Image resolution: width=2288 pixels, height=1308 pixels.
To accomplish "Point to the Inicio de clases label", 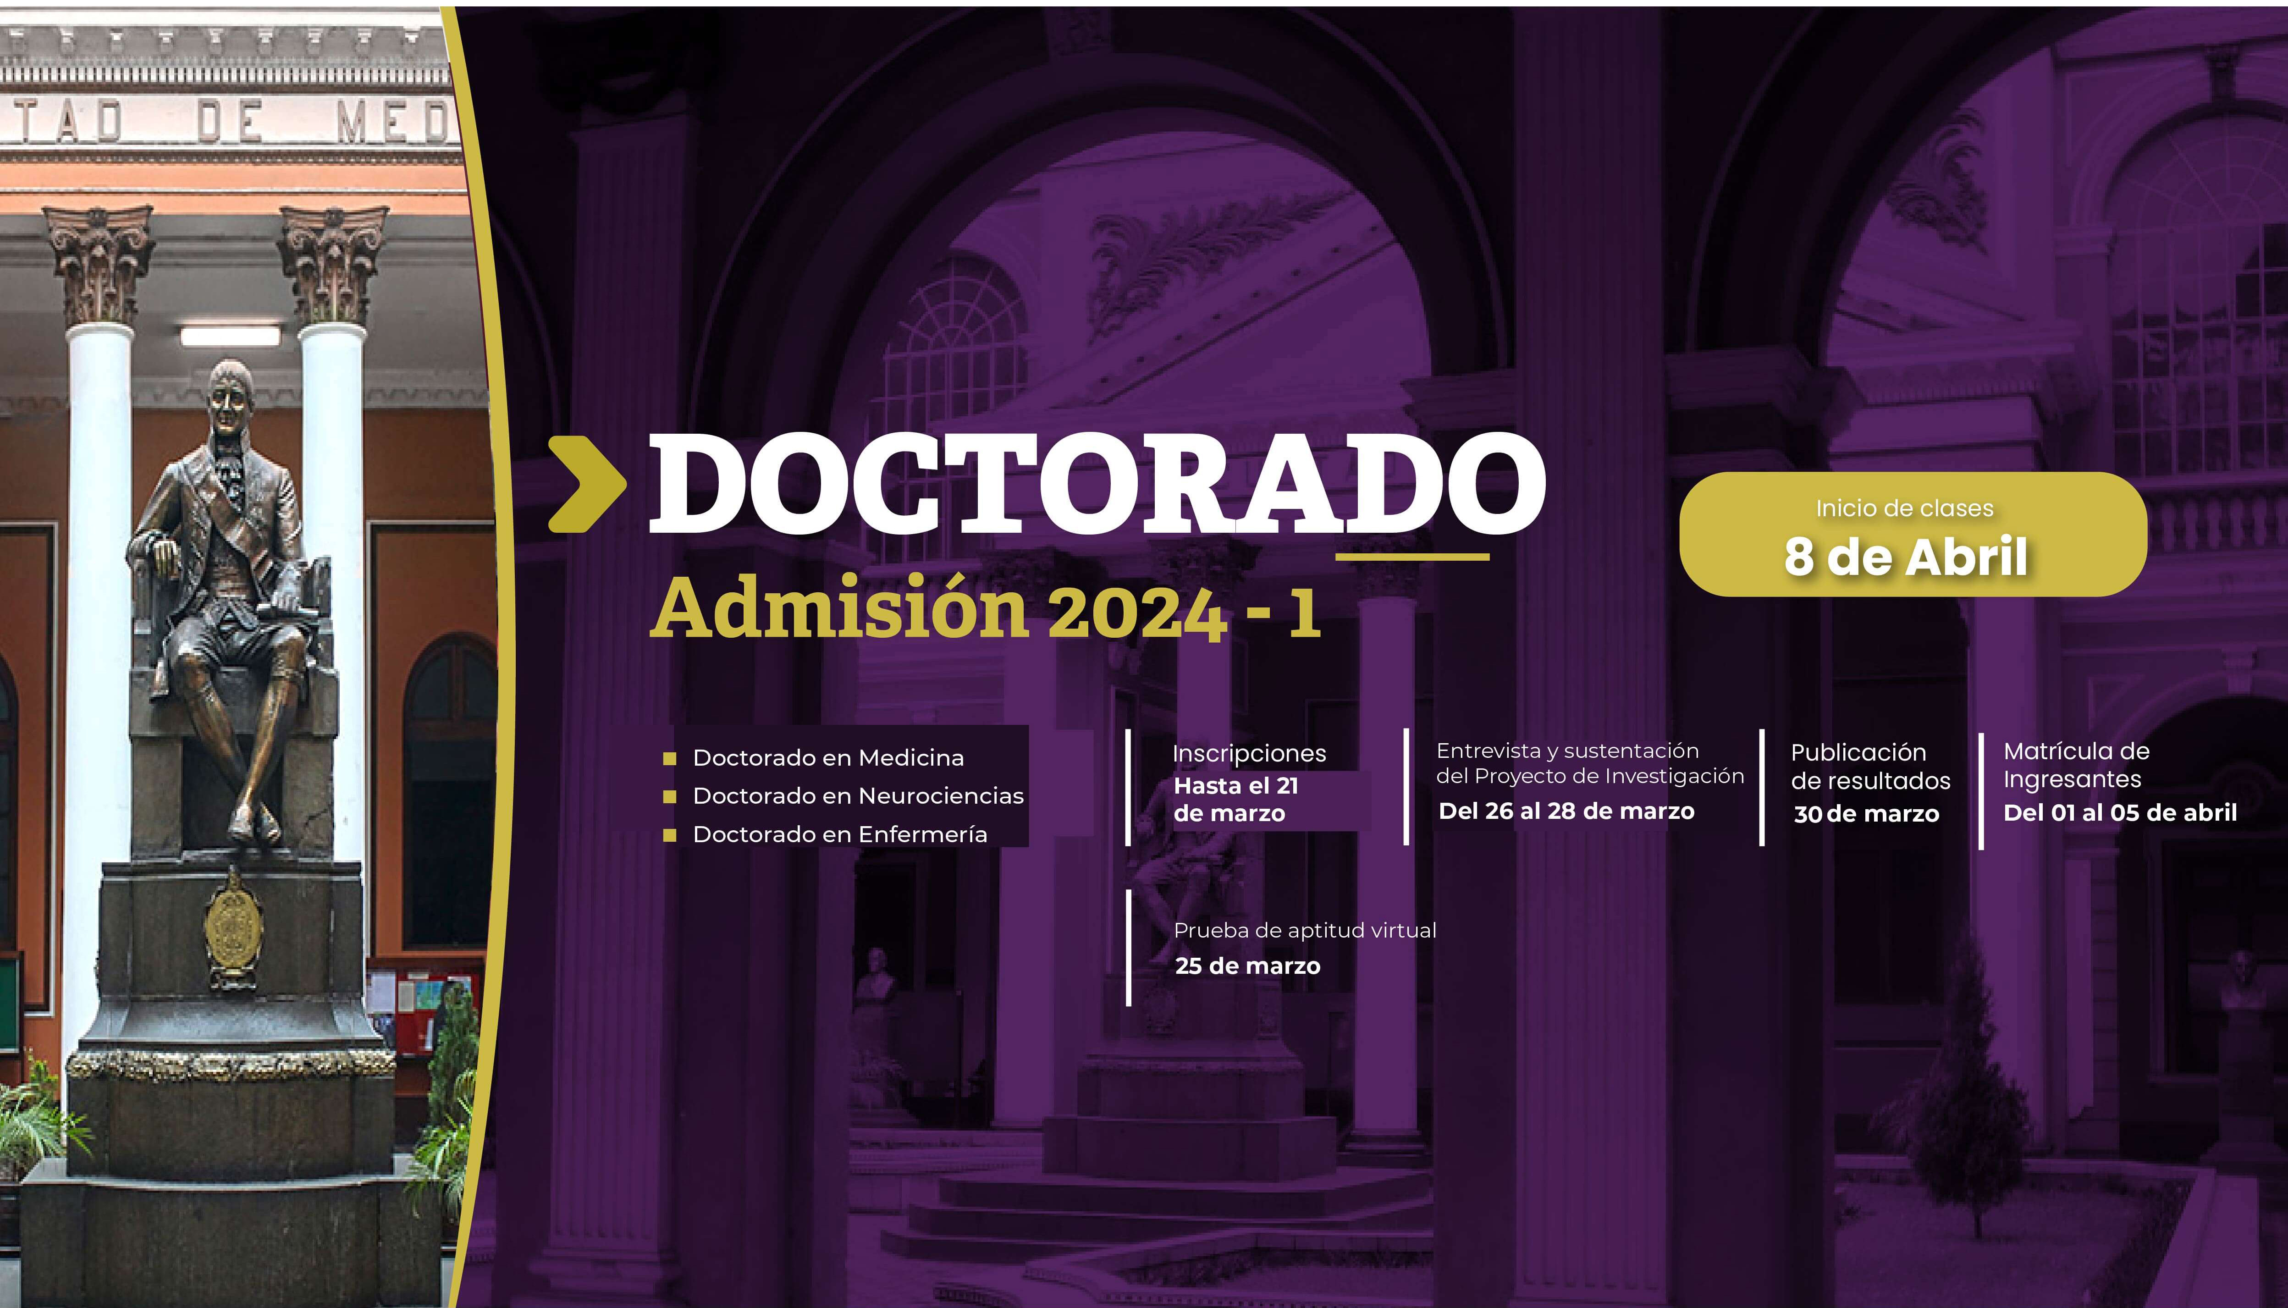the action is point(1904,508).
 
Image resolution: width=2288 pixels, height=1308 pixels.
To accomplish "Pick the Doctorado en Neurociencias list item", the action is point(858,796).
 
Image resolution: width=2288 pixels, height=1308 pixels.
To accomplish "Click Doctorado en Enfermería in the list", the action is point(840,834).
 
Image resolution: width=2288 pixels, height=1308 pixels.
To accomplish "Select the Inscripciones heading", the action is point(1249,754).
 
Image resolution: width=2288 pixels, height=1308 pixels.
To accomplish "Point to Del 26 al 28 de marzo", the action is point(1566,811).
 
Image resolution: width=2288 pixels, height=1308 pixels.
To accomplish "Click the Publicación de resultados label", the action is point(1870,766).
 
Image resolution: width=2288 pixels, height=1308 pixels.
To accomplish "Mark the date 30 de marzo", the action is point(1867,814).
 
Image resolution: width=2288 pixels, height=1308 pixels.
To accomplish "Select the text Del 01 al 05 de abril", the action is point(2120,813).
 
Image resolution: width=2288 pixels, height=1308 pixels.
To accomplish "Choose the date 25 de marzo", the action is point(1248,966).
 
